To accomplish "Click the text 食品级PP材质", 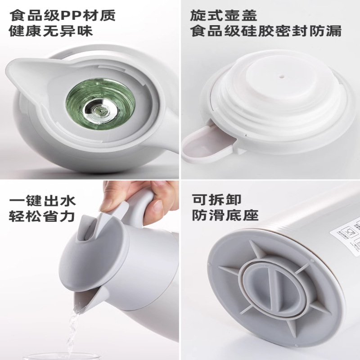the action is pyautogui.click(x=62, y=15).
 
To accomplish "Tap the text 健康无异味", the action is pyautogui.click(x=51, y=31).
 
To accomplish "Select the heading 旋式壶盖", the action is pyautogui.click(x=223, y=15).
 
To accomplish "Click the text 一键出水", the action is pyautogui.click(x=42, y=200).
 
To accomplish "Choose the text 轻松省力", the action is pyautogui.click(x=42, y=216).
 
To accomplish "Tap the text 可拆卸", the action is pyautogui.click(x=217, y=199).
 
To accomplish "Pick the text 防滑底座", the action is pyautogui.click(x=225, y=215).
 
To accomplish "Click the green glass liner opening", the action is pyautogui.click(x=100, y=104).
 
